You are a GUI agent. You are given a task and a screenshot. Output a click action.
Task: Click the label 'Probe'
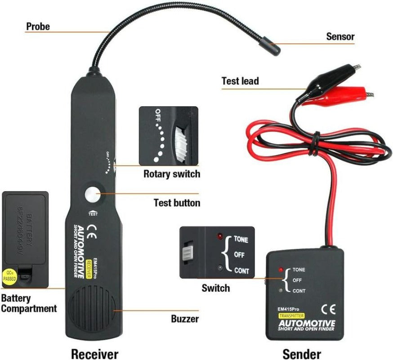coord(38,26)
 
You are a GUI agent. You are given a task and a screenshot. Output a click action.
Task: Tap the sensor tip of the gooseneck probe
coord(270,45)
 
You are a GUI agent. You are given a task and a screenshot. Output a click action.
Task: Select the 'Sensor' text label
coord(340,37)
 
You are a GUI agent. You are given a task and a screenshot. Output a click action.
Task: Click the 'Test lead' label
coord(240,81)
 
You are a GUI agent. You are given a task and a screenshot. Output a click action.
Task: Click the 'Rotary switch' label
coord(171,174)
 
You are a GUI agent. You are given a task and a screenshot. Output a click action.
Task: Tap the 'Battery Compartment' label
coord(29,303)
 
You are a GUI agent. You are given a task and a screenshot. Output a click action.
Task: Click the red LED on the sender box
coord(281,270)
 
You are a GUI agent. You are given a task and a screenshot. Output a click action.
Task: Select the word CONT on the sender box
coord(299,291)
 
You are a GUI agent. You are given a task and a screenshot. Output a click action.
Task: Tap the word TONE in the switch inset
coord(241,240)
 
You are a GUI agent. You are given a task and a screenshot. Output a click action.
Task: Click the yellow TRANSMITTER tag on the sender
coord(291,316)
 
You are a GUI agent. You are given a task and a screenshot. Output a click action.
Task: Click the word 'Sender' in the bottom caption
coord(301,353)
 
